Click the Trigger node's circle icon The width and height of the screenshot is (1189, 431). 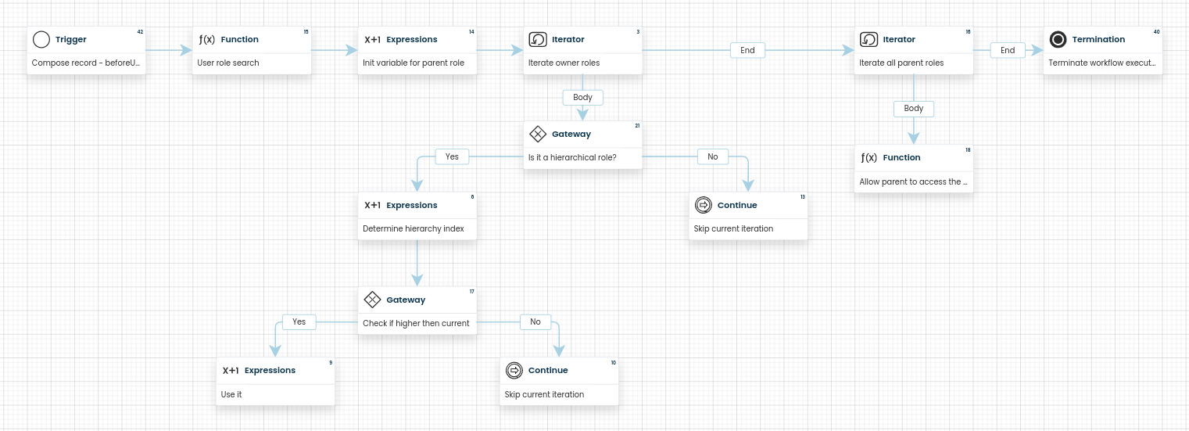point(41,39)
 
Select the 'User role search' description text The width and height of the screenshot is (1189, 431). point(228,63)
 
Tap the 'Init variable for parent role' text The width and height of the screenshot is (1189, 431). point(414,63)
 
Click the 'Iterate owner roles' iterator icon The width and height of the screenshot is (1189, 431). point(538,39)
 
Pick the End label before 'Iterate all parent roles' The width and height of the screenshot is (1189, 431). point(747,50)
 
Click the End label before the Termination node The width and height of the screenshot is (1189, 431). point(1008,50)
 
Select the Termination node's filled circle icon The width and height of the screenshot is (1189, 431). point(1058,39)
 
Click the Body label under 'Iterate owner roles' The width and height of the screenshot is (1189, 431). point(582,97)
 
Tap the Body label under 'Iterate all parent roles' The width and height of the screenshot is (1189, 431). point(914,109)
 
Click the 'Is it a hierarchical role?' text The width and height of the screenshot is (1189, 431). point(572,157)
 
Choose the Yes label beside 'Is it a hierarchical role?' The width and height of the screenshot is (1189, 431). point(452,156)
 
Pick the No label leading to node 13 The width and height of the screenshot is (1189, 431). point(712,156)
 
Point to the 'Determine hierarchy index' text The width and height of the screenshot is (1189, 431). point(414,228)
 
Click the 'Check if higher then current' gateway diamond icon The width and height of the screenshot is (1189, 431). point(372,300)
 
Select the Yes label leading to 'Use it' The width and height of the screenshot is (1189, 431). point(299,321)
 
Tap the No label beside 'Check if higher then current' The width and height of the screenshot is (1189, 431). point(535,321)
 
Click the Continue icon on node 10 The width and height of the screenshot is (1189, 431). point(514,371)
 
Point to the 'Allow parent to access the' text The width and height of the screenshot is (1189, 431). point(910,181)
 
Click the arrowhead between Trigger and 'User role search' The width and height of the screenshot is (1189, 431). point(186,50)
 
